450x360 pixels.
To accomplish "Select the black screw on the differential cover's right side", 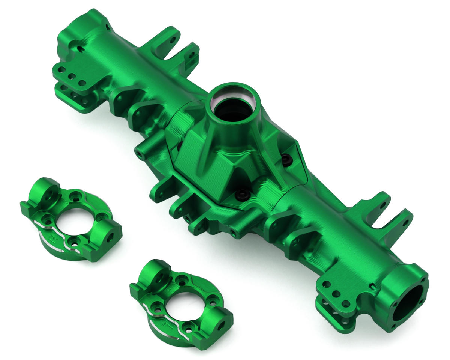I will click(287, 160).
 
